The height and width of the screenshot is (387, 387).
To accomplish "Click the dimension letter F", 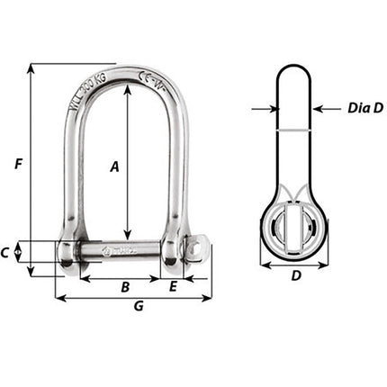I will point(18,164).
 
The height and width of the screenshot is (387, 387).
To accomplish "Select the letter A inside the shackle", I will point(114,166).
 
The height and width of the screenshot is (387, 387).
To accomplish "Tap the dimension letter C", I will point(7,253).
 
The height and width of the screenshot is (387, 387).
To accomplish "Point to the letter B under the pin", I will point(126,287).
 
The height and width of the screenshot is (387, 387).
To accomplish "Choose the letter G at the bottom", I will point(139,307).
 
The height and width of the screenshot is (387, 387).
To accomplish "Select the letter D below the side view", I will point(296,277).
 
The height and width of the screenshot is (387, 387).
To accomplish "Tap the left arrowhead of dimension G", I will point(59,297).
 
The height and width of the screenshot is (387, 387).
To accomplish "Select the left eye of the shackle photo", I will point(69,253).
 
